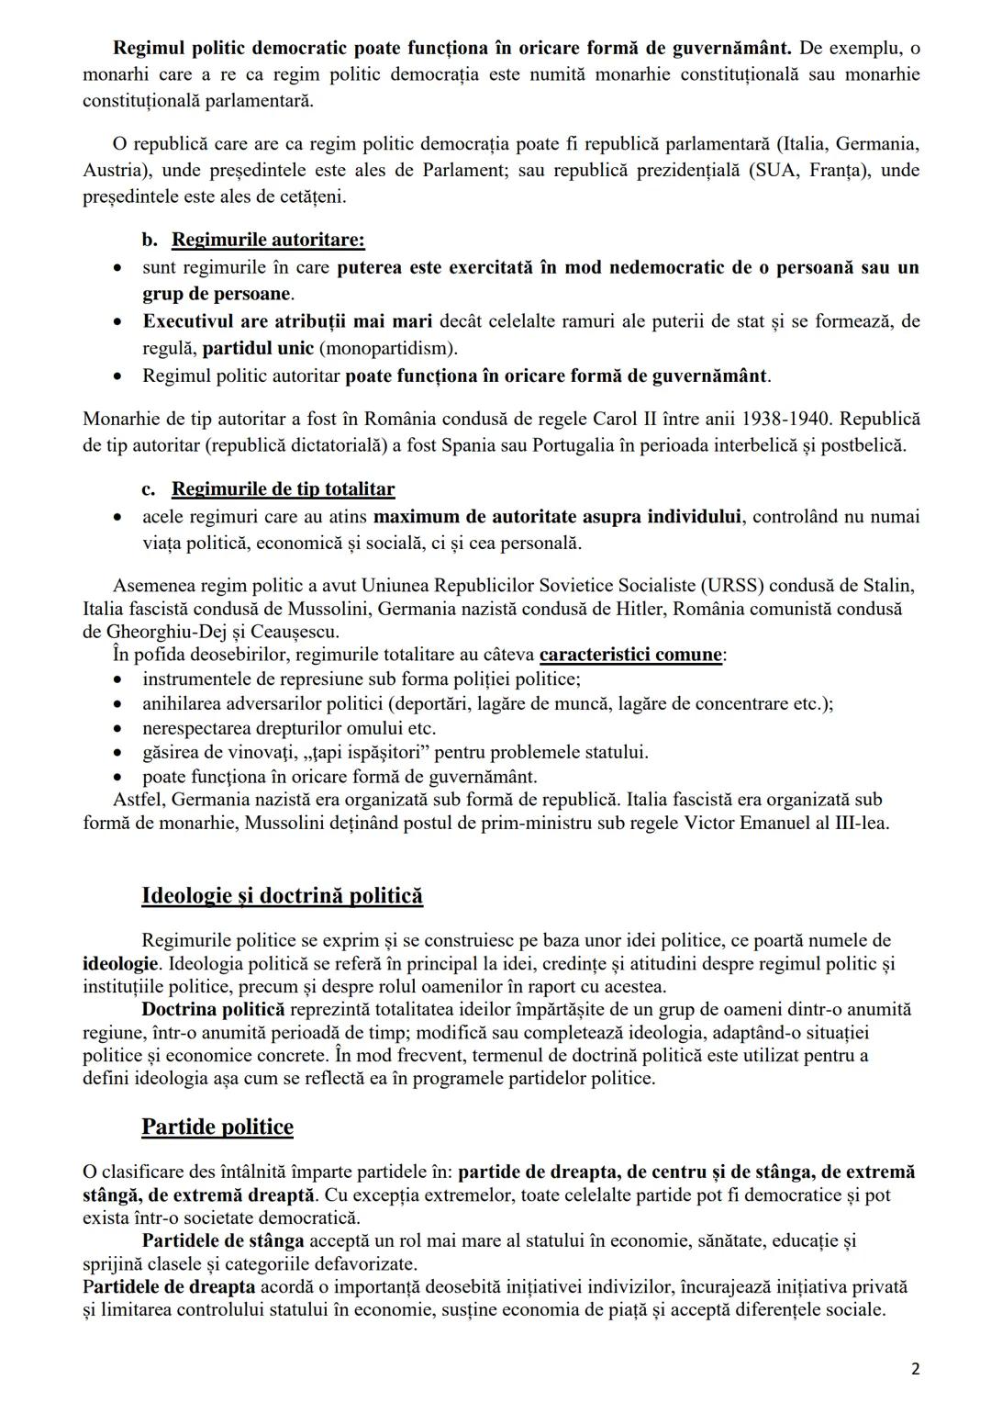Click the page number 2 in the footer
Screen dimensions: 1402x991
click(x=915, y=1369)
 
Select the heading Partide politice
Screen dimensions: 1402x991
click(x=217, y=1127)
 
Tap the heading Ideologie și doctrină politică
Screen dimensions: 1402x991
click(x=282, y=895)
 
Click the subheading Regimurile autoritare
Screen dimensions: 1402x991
click(x=268, y=241)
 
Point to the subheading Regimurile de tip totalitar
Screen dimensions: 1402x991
click(x=283, y=489)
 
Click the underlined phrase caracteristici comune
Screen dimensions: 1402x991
click(x=630, y=655)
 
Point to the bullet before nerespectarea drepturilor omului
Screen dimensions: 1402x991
click(x=117, y=729)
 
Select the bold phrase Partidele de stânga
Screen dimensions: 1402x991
click(x=223, y=1240)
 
